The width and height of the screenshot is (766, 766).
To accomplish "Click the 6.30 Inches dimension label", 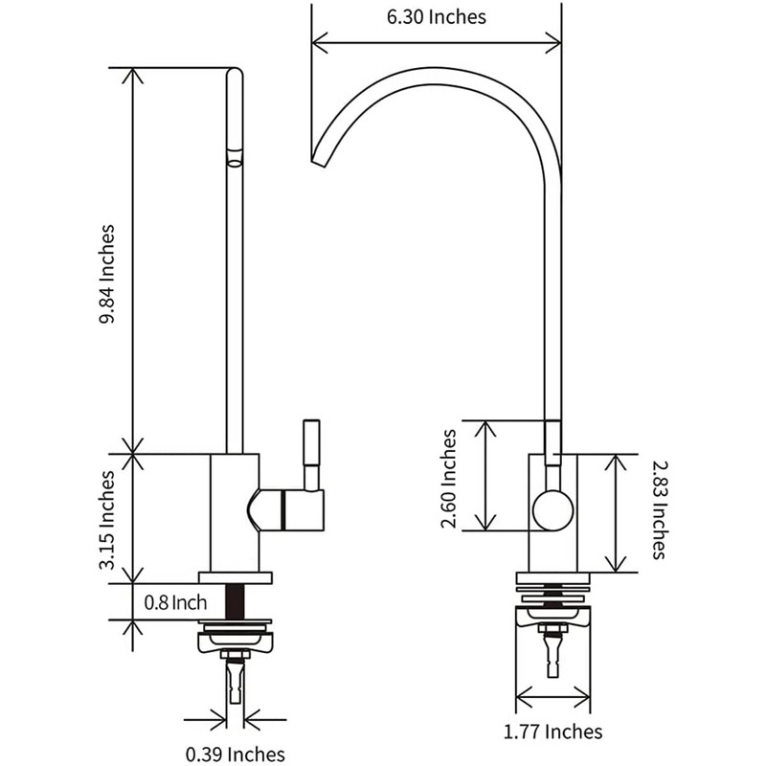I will click(437, 16).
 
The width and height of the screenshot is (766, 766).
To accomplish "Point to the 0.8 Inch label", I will click(175, 603).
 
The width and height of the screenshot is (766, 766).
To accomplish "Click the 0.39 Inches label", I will click(237, 754).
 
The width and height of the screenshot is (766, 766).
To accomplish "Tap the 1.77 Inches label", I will click(553, 732).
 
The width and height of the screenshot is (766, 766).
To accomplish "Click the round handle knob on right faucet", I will click(552, 509).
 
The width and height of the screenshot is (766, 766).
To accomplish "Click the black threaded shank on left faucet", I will click(235, 601).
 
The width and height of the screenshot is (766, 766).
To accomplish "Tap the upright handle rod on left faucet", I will click(311, 450).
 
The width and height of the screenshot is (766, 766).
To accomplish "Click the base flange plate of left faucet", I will click(235, 577).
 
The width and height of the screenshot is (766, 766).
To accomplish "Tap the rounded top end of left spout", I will click(235, 75).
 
